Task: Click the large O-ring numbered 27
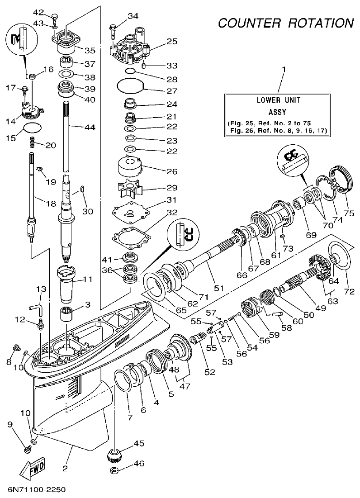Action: pyautogui.click(x=130, y=86)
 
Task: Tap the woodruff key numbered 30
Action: pyautogui.click(x=83, y=189)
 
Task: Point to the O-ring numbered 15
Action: pyautogui.click(x=32, y=128)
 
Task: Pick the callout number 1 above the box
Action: pyautogui.click(x=284, y=70)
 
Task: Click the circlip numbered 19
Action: pyautogui.click(x=40, y=170)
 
